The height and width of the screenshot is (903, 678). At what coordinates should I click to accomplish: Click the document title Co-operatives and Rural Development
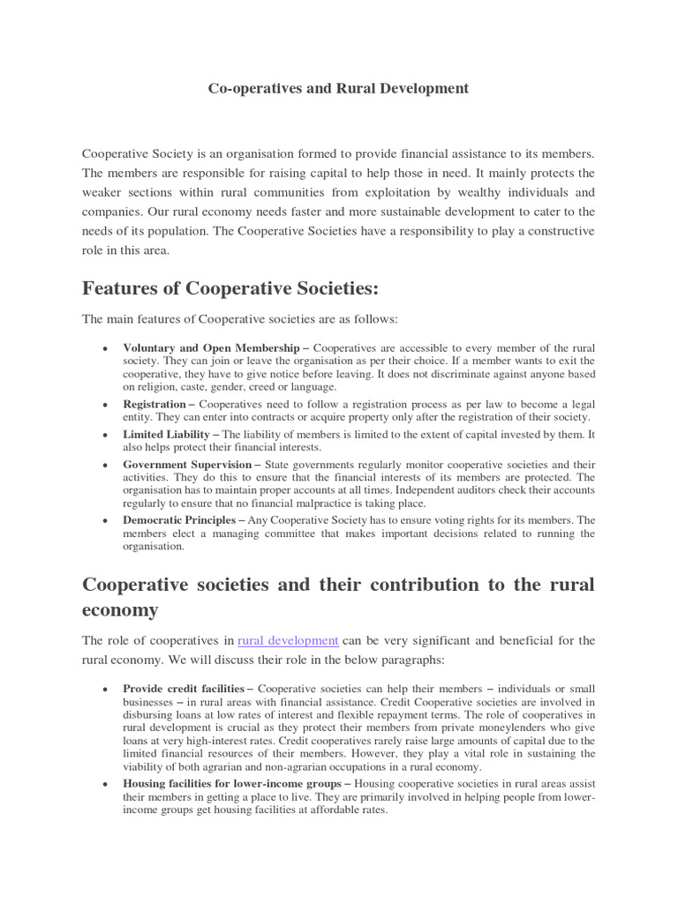(338, 89)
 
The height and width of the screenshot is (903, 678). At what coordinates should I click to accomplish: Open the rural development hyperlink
(288, 640)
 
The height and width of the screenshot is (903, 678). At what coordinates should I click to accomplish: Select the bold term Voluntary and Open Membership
(211, 348)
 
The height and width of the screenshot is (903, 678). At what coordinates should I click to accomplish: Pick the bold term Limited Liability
(166, 435)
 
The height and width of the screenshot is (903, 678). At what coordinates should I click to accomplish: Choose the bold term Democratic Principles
(179, 520)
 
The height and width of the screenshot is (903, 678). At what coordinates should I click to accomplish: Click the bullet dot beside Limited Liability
(105, 436)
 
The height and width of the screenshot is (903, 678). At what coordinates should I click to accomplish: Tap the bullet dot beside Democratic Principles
(105, 521)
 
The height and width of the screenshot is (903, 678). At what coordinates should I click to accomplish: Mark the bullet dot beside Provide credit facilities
(105, 689)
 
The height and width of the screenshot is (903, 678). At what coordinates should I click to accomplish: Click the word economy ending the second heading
(120, 610)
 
